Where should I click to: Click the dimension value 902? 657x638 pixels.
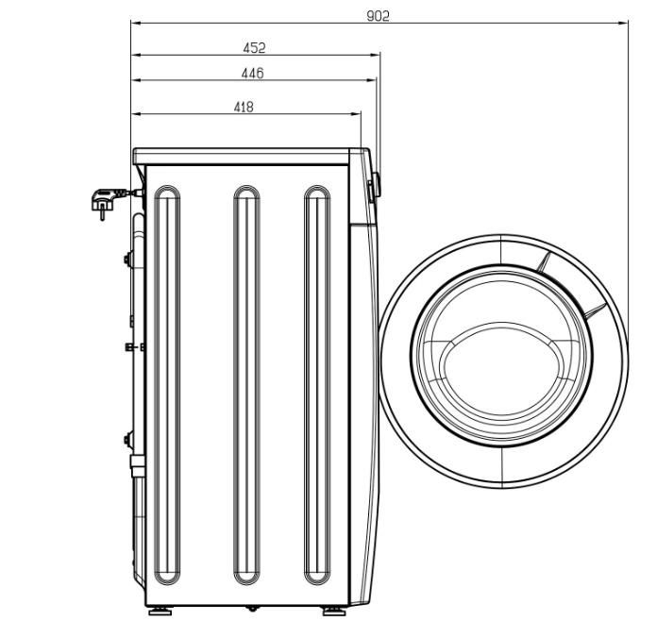point(378,16)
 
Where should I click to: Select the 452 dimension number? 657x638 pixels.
point(254,48)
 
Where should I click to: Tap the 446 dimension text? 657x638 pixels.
point(253,74)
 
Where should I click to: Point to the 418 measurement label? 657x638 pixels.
point(244,108)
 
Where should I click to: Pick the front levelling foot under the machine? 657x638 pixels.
point(334,612)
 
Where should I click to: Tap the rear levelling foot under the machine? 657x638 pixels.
point(160,612)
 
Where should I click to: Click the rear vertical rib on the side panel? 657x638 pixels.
point(167,447)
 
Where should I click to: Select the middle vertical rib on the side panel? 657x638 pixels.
point(246,447)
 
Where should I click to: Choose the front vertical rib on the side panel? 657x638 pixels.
point(317,447)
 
